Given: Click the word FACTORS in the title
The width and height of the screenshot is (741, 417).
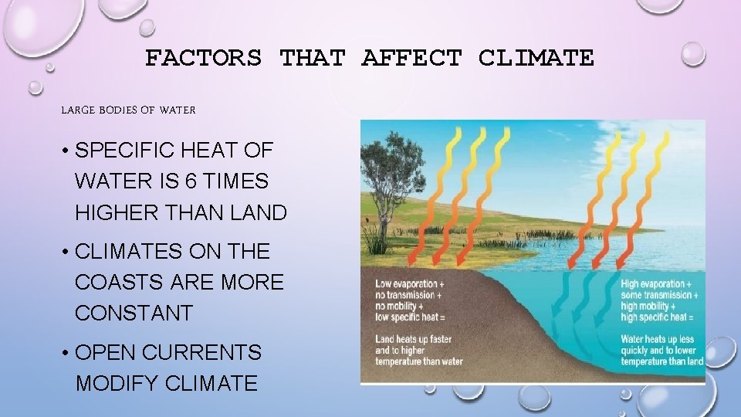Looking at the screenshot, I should (203, 58).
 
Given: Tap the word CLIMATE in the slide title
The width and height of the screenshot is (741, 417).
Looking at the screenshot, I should (536, 58).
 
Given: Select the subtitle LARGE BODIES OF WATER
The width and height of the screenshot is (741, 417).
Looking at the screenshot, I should (128, 110).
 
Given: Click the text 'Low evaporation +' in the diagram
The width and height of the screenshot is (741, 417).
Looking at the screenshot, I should (410, 284).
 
